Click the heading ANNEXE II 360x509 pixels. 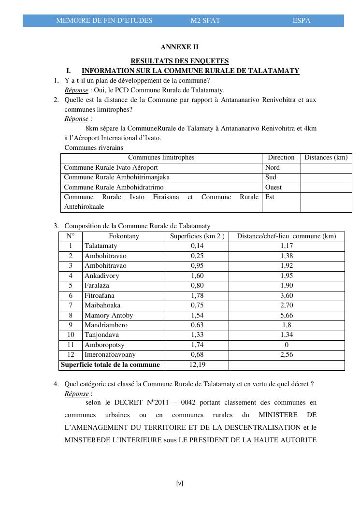[x=179, y=47]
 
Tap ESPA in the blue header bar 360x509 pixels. [x=302, y=21]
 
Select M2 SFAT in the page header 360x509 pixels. [x=205, y=21]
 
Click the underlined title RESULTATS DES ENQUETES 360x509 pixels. [x=180, y=61]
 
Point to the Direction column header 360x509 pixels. [x=281, y=158]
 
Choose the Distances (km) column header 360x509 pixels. [x=326, y=158]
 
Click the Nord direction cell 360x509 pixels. [x=273, y=168]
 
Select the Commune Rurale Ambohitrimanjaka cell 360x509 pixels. [x=116, y=177]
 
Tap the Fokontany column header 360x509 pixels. [x=124, y=236]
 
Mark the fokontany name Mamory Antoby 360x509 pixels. [x=109, y=315]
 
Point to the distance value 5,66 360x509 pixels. [x=287, y=315]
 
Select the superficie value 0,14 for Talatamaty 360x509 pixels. [x=197, y=246]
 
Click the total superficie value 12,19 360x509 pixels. [x=197, y=365]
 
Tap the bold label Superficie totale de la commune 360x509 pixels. [x=110, y=365]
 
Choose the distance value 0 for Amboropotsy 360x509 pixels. [x=287, y=345]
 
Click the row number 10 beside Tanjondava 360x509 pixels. [x=71, y=335]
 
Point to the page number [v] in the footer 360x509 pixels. [x=180, y=483]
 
